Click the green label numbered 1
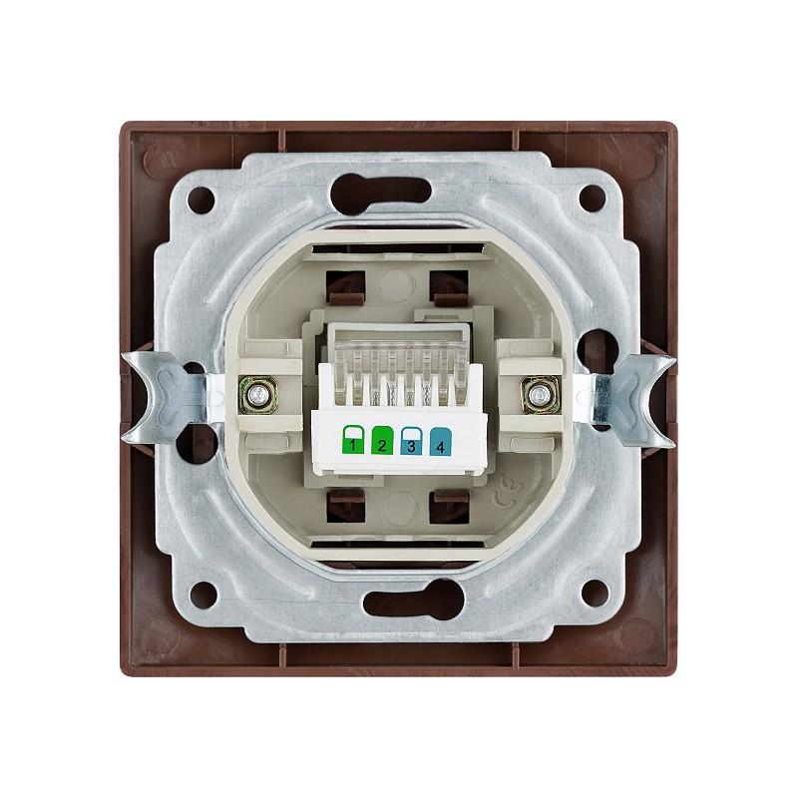click(x=353, y=440)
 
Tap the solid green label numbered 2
click(x=382, y=440)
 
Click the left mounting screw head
click(x=258, y=394)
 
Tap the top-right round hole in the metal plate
click(x=593, y=197)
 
